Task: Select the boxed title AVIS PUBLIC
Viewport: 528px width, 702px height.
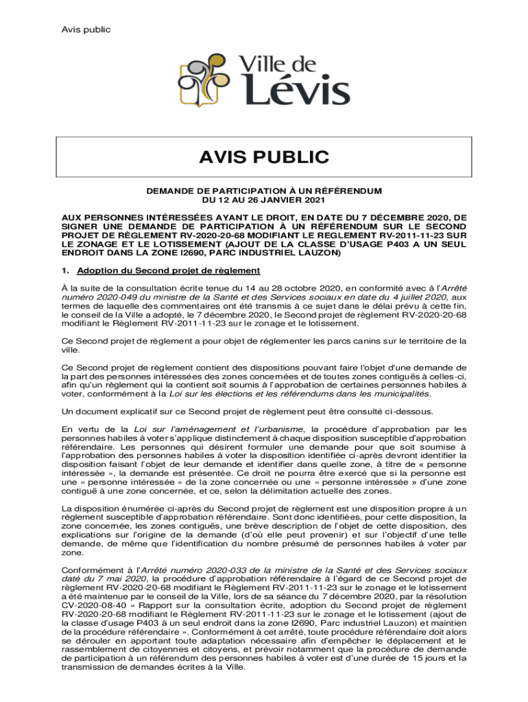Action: (264, 158)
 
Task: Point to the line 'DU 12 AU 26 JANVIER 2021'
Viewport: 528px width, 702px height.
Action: (263, 200)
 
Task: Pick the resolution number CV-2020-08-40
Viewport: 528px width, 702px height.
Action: (93, 605)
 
